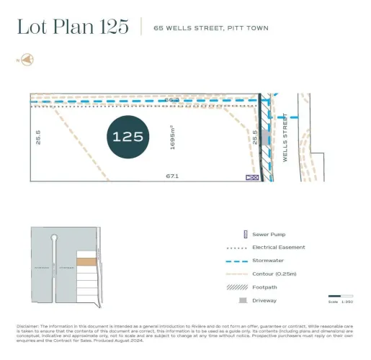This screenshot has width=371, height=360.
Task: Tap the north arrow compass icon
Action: (27, 59)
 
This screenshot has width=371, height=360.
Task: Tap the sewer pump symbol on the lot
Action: (252, 176)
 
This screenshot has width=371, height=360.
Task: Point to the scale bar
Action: (335, 296)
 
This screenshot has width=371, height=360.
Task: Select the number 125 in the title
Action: (115, 27)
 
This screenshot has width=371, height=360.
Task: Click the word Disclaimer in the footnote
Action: (27, 325)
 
